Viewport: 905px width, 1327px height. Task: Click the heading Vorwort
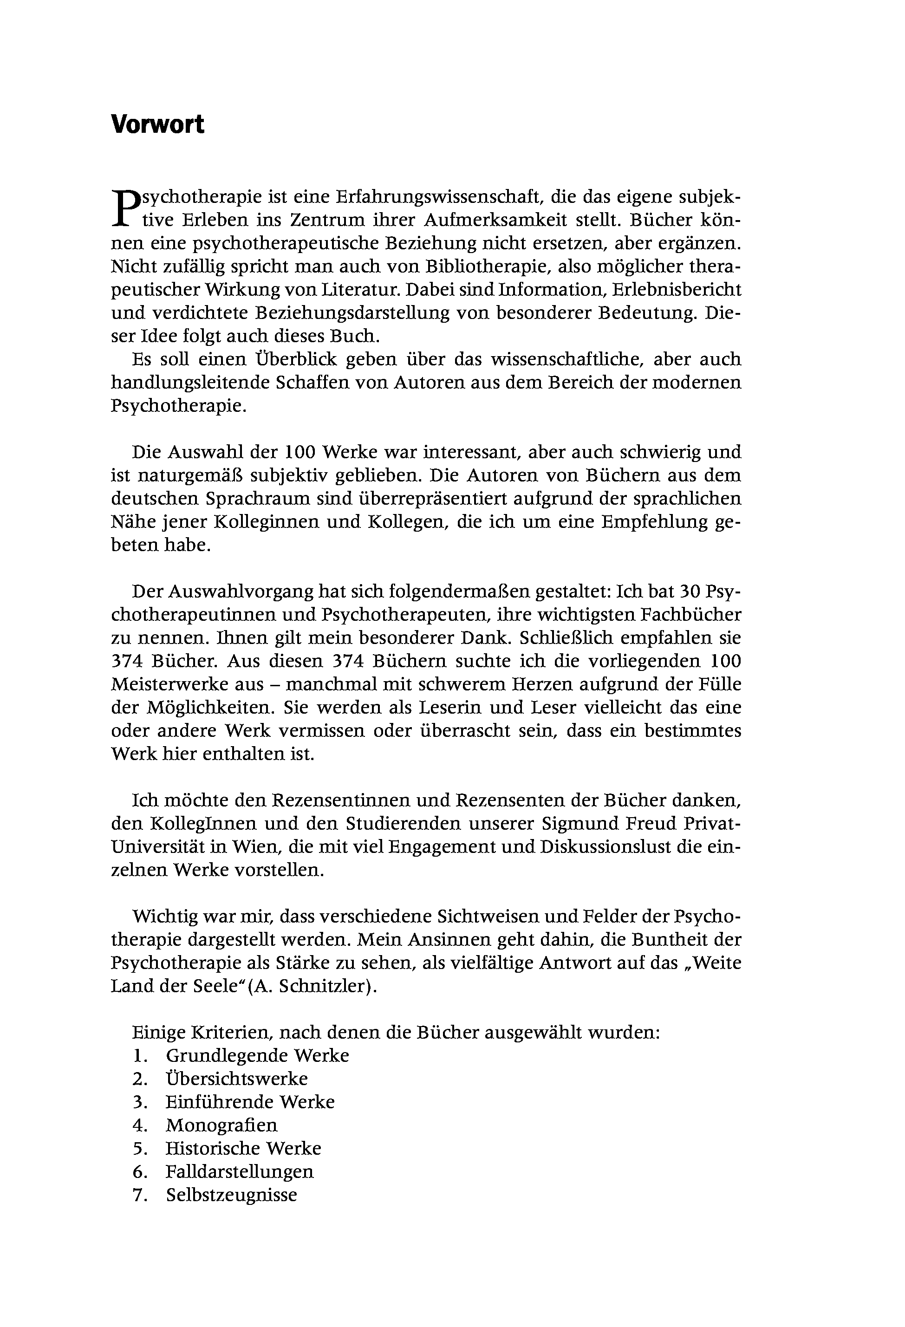coord(157,124)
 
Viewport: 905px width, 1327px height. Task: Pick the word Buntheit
coord(691,940)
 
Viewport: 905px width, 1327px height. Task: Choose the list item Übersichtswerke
coord(236,1079)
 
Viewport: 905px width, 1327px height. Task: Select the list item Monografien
coord(221,1125)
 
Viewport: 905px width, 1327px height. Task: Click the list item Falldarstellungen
coord(239,1172)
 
